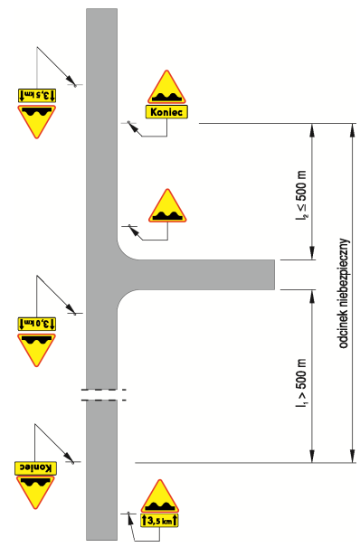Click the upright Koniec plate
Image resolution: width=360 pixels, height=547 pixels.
(x=166, y=112)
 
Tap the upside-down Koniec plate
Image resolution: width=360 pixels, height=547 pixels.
(x=35, y=467)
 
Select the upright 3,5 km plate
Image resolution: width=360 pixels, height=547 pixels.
(x=160, y=520)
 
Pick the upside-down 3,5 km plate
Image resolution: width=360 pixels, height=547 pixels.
(x=37, y=95)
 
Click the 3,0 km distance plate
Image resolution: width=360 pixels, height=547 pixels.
(x=36, y=324)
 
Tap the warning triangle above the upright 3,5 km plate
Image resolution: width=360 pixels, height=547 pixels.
(x=160, y=496)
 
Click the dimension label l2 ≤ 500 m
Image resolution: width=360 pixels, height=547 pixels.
(x=301, y=196)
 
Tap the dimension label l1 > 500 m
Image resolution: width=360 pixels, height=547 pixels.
(x=301, y=383)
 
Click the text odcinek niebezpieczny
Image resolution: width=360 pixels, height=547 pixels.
(x=345, y=293)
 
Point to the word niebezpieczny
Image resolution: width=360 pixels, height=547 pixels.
(x=345, y=276)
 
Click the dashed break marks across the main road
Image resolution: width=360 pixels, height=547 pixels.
(x=103, y=394)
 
